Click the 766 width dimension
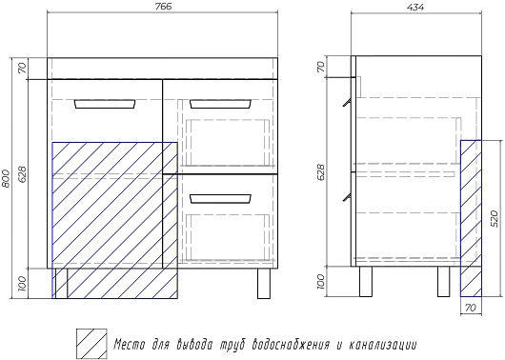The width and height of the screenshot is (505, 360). [x=163, y=7]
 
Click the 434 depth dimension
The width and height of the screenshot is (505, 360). [x=416, y=7]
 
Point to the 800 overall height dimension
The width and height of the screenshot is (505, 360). [x=7, y=178]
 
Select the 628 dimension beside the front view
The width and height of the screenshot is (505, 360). [x=22, y=174]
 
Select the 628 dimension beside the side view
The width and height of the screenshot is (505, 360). [x=322, y=172]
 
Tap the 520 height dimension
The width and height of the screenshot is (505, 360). [x=495, y=219]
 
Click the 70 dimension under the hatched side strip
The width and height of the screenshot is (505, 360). [x=471, y=308]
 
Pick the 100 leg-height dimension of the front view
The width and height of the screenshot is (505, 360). [x=22, y=284]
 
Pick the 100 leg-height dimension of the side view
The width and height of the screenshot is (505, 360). [x=322, y=282]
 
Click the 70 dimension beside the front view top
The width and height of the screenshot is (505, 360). [x=22, y=69]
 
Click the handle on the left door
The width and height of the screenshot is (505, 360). [x=105, y=104]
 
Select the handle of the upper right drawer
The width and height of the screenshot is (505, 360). [x=221, y=104]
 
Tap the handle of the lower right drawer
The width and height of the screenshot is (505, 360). [x=221, y=199]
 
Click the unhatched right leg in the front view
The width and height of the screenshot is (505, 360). [x=264, y=283]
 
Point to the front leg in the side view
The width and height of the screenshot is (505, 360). [x=366, y=281]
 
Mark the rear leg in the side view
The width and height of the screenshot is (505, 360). [x=443, y=281]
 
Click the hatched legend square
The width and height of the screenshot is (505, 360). [x=91, y=344]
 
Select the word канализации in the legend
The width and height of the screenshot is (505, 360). [x=383, y=345]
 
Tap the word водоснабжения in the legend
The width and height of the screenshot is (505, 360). [x=292, y=345]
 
